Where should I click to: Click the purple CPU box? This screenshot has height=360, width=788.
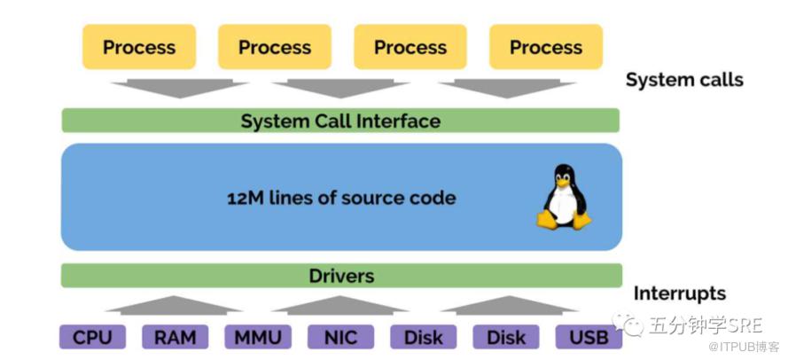(92, 337)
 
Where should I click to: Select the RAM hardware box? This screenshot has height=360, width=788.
(175, 337)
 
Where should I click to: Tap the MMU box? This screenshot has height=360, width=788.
(258, 337)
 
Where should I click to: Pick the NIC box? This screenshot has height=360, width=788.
(340, 337)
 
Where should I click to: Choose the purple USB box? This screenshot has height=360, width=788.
(589, 337)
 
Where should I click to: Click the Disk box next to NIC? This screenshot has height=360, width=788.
(424, 337)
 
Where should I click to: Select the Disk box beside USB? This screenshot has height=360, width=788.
(506, 337)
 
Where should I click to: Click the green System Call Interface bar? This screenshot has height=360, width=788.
(340, 121)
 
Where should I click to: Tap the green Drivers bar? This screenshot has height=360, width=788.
(342, 276)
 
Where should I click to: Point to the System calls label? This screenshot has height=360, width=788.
(684, 80)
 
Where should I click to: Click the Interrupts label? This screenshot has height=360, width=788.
(680, 293)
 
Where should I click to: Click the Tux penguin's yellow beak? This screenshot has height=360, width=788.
(563, 182)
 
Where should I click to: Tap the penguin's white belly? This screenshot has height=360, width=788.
(563, 205)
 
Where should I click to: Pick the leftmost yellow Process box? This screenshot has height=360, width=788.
(139, 47)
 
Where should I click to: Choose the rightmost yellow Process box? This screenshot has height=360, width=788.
(546, 47)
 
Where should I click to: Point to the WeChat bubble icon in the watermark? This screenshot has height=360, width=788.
(628, 324)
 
